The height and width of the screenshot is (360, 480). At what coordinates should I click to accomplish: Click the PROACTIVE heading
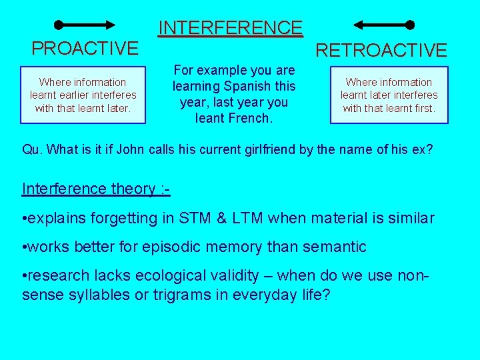(85, 49)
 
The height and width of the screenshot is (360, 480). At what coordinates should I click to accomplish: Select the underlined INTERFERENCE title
(230, 28)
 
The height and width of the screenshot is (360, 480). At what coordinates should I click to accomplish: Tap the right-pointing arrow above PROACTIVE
(87, 25)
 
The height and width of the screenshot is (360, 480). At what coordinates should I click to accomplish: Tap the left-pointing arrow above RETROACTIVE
(383, 25)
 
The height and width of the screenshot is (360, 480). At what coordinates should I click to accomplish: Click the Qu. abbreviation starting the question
(32, 149)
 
